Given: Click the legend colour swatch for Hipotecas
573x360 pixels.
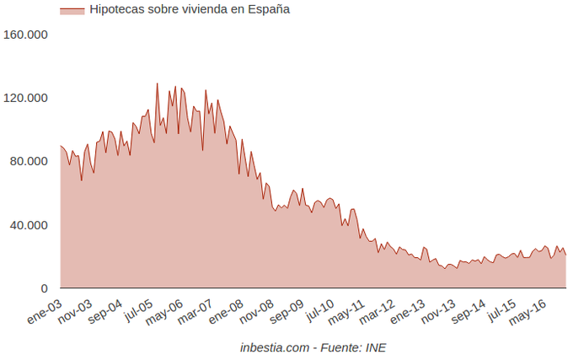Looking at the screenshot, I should (x=72, y=10).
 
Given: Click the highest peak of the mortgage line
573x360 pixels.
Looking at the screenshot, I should (x=157, y=83).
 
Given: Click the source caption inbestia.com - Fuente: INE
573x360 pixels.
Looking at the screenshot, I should (x=312, y=347).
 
